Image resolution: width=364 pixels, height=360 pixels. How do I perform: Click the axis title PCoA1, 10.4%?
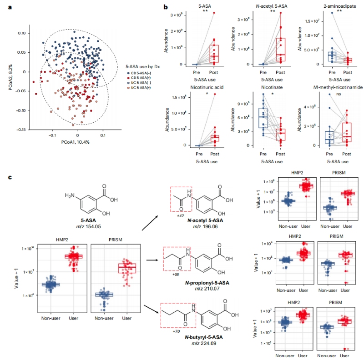[x=77, y=142]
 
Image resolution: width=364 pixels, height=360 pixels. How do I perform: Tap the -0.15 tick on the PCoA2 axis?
[x=20, y=130]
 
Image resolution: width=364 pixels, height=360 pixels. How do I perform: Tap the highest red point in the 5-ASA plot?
[x=213, y=13]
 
